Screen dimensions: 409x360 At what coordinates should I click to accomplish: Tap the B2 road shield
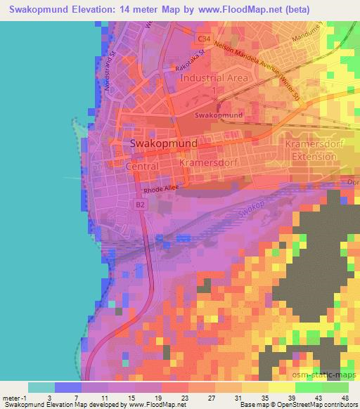pos(141,204)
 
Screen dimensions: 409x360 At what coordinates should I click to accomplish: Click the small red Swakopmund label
pos(219,115)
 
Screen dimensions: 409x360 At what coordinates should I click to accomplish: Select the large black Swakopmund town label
pos(164,143)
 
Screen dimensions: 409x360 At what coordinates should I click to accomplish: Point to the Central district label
pos(141,167)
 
